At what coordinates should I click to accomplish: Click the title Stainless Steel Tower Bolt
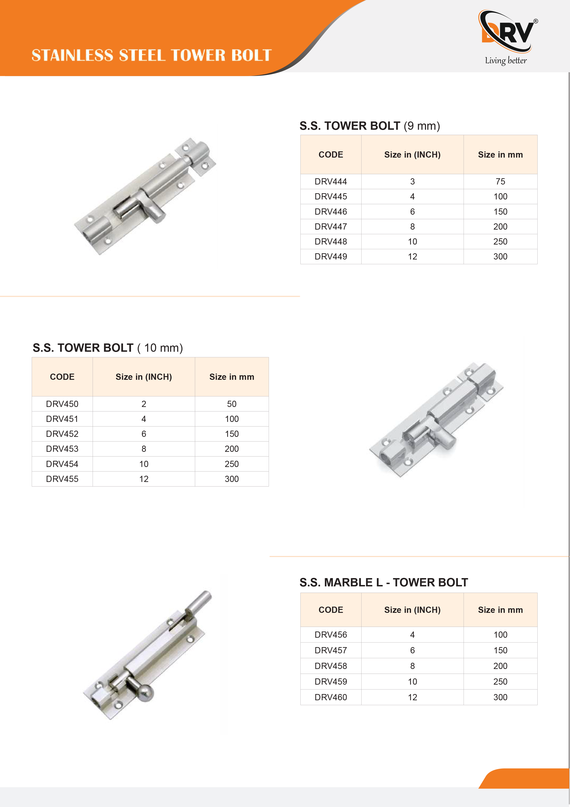tap(152, 55)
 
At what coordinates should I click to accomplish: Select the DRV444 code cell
tap(331, 181)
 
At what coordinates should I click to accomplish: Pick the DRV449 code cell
tap(331, 257)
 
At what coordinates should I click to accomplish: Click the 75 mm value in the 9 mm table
tap(500, 181)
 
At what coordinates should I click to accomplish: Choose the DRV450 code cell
tap(62, 404)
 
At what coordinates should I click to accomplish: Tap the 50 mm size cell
tap(232, 404)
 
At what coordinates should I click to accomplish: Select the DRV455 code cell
tap(62, 479)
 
